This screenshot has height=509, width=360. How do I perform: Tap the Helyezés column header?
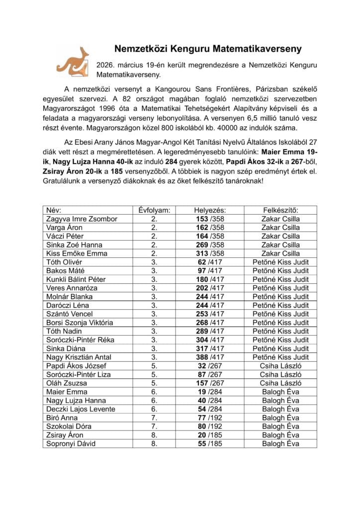pyautogui.click(x=210, y=210)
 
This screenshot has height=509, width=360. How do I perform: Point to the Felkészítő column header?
pyautogui.click(x=280, y=210)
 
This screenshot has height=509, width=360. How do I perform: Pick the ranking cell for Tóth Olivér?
pyautogui.click(x=210, y=262)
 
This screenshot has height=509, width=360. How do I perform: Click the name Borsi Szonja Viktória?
pyautogui.click(x=79, y=323)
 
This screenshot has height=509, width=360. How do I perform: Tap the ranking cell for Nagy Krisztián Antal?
pyautogui.click(x=210, y=357)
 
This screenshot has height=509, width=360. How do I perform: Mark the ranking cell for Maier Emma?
pyautogui.click(x=210, y=392)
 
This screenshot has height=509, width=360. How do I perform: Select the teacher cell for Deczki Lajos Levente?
pyautogui.click(x=280, y=409)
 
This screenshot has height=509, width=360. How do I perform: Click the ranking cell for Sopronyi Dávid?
pyautogui.click(x=210, y=443)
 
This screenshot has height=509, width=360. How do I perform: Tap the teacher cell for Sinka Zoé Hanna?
pyautogui.click(x=280, y=245)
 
